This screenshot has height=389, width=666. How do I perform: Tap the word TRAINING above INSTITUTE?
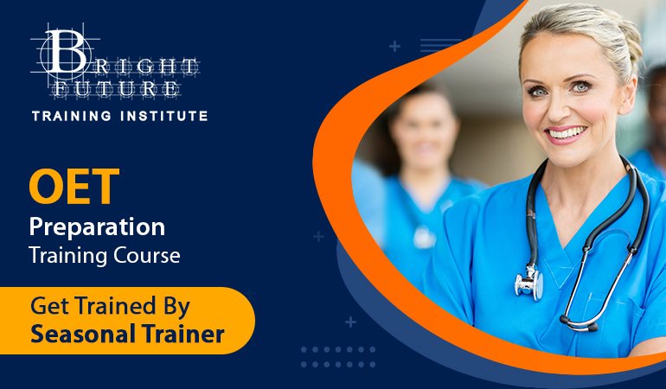72,116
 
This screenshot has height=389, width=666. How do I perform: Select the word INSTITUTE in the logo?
164,116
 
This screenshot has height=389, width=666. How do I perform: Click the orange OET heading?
74,186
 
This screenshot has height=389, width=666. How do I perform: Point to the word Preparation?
97,228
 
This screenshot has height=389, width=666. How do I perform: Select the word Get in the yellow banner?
48,306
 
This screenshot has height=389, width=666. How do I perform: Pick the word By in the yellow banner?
176,307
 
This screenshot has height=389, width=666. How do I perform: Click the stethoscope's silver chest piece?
529,283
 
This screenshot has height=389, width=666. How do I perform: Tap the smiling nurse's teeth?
567,133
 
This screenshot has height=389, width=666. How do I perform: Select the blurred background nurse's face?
424,135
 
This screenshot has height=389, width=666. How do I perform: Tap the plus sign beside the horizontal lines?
395,47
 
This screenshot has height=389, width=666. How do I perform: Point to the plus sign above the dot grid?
350,322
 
